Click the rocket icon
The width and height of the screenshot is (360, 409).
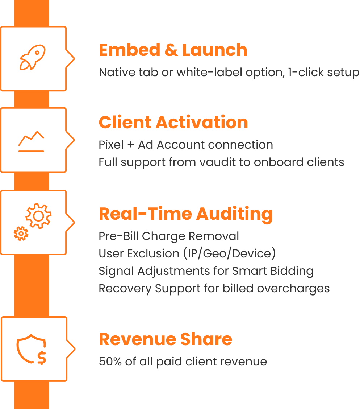point(32,57)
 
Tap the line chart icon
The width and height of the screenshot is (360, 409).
point(31,141)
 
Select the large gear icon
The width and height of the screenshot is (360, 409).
point(38,216)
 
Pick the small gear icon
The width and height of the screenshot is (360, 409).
point(21,234)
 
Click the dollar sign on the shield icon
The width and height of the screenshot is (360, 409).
point(42,358)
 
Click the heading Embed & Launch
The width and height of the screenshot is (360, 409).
point(173,50)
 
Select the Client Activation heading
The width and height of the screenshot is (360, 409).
point(173,123)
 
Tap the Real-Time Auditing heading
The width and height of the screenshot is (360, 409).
point(185,214)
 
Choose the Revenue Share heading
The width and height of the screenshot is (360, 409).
point(166,339)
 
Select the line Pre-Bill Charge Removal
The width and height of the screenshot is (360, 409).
point(169,236)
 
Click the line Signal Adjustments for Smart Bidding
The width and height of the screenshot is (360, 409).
point(206,271)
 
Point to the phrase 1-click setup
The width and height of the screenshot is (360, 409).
point(323,72)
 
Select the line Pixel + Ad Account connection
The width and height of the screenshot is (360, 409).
point(186,145)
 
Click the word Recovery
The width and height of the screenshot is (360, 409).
point(125,289)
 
